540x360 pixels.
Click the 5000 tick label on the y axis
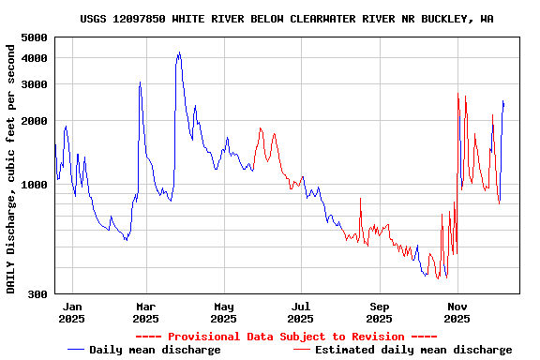(34, 37)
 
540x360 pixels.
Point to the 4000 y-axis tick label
(34, 58)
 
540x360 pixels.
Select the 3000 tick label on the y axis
(34, 84)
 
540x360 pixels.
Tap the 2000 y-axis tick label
(34, 121)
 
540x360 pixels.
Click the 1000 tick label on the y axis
(34, 185)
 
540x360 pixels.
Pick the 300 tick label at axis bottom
(37, 294)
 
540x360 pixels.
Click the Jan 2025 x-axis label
(72, 312)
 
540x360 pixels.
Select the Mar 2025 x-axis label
(145, 312)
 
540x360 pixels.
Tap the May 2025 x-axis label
(223, 312)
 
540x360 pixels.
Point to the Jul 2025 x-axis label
(301, 312)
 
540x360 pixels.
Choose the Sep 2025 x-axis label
(380, 312)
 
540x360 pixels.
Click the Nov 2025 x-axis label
(457, 312)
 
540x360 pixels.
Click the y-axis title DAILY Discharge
(11, 166)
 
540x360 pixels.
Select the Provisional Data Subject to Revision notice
(286, 337)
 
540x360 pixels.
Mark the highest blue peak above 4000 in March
(179, 53)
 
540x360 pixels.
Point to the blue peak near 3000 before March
(140, 82)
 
